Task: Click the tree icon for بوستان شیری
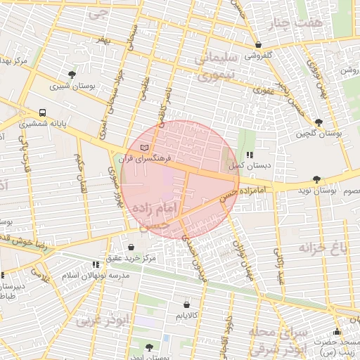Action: pos(72,75)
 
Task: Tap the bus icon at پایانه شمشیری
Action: pos(43,112)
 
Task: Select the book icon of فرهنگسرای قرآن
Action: pos(145,148)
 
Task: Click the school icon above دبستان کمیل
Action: pos(249,155)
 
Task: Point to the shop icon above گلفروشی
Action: pos(259,44)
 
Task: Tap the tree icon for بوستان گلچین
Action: pos(319,122)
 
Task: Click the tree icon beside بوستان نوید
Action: pos(316,180)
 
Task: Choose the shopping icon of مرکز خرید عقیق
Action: pos(131,247)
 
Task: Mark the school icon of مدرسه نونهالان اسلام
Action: pos(95,265)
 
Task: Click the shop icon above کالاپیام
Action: pos(186,304)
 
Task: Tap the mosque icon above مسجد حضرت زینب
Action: pos(337,332)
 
